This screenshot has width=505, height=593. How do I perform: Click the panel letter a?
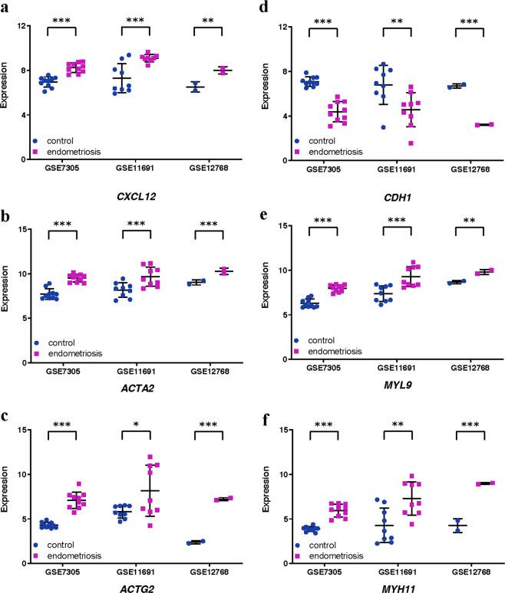point(7,8)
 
